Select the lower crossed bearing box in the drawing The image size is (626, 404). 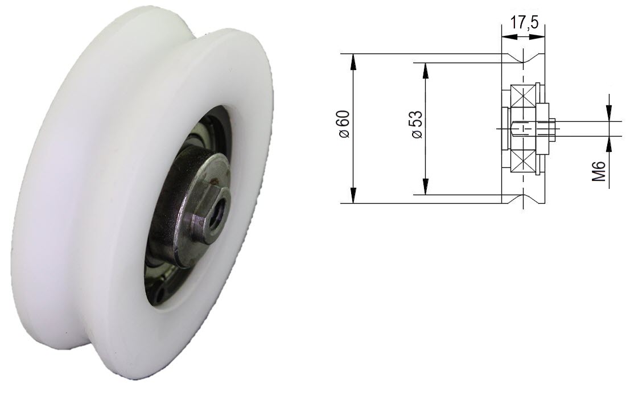coord(524,161)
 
